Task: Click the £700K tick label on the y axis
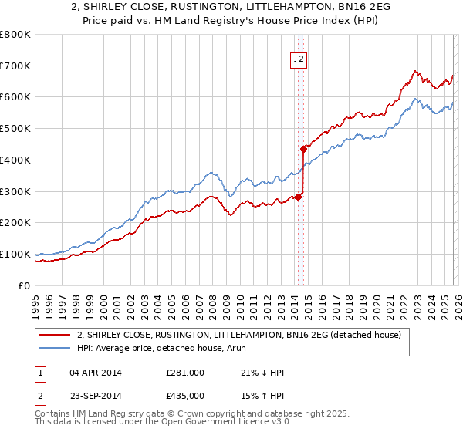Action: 15,66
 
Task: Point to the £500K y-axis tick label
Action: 15,129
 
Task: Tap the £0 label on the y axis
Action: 25,285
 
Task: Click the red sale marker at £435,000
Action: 303,149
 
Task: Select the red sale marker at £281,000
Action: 297,197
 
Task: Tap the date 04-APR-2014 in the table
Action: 95,373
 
